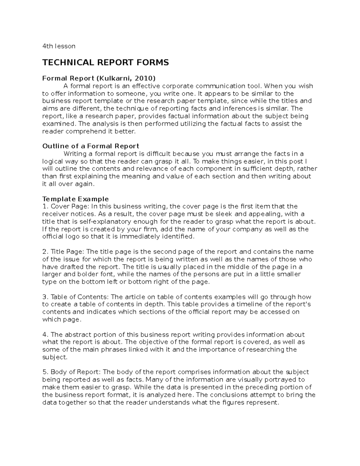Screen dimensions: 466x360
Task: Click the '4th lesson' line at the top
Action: click(59, 46)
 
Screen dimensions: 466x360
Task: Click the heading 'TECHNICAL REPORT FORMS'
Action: click(106, 62)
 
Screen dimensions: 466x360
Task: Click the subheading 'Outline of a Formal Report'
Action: click(91, 146)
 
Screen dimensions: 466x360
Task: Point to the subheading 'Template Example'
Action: click(75, 199)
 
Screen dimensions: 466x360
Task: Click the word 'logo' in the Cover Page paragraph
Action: click(72, 236)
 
